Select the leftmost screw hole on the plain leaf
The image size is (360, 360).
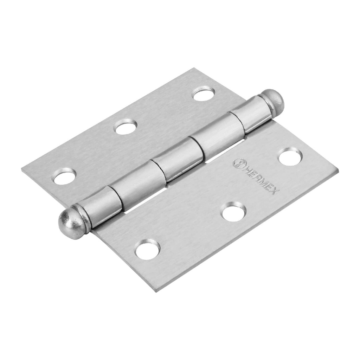click(x=65, y=176)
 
